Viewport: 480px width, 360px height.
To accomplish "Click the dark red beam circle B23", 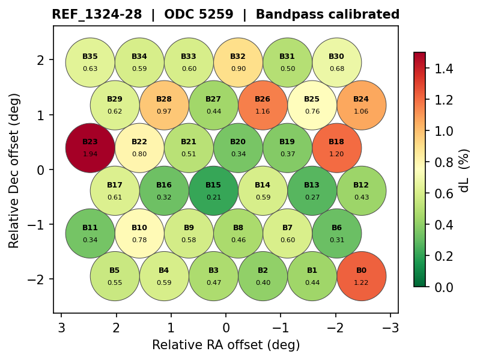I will [90, 148].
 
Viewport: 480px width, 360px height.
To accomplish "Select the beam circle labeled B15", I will [213, 191].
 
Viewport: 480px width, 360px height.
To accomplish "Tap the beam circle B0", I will [361, 276].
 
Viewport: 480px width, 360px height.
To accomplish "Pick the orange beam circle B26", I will [263, 105].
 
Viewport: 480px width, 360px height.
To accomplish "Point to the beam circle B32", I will [238, 63].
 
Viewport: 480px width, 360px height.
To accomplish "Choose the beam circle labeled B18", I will [336, 148].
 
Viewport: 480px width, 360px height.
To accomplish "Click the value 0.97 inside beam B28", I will [164, 111].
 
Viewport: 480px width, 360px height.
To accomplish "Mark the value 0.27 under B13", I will [312, 197].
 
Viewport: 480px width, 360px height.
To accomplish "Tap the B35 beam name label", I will [90, 56].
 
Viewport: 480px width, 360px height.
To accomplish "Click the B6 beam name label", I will [336, 228].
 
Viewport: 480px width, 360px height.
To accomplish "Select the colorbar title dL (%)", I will [464, 170].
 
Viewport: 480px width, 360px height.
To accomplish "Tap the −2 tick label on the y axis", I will [40, 279].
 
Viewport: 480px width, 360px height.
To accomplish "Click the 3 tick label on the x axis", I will [61, 328].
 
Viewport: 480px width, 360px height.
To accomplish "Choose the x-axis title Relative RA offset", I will [225, 345].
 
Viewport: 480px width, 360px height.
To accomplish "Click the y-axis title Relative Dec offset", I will [14, 170].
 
